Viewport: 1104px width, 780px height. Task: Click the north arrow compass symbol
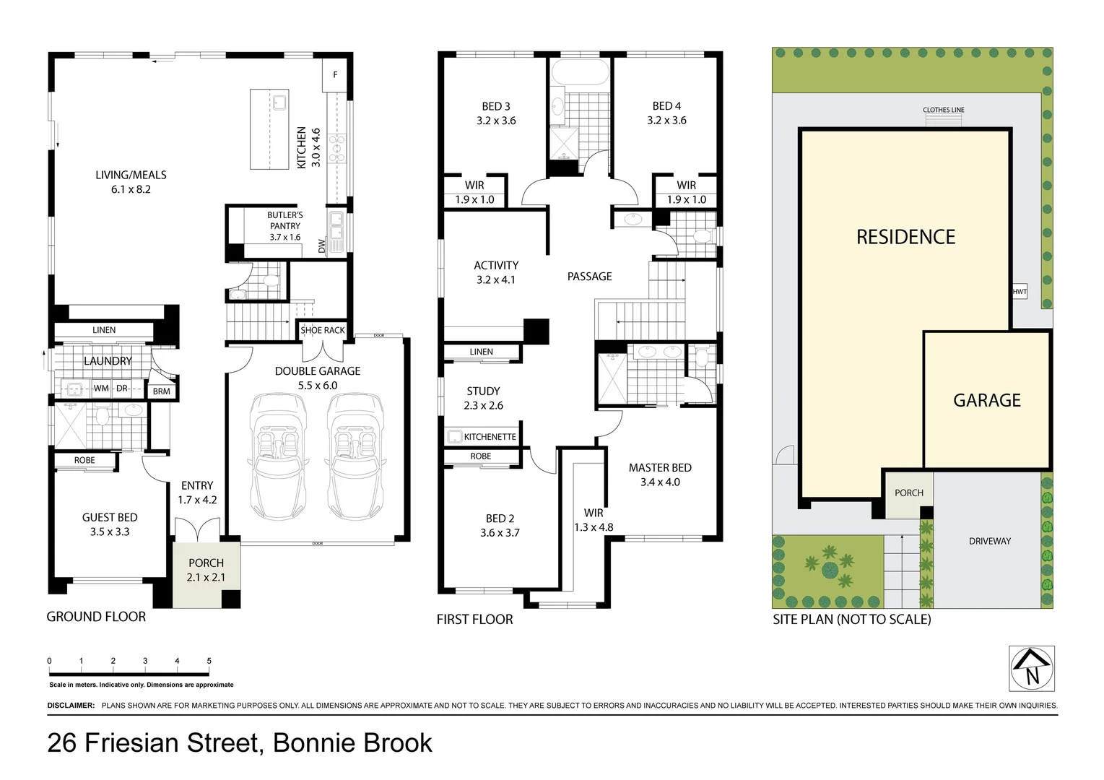1031,669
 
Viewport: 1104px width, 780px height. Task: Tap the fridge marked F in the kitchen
335,75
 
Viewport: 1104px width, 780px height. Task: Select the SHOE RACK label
323,331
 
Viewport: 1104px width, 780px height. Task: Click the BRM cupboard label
162,391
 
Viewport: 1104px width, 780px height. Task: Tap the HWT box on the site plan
1019,292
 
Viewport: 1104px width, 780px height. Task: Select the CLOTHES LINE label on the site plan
943,110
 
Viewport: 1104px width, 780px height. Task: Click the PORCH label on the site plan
908,493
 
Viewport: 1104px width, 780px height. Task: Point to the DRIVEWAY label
989,541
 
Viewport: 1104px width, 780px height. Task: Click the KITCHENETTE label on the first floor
490,437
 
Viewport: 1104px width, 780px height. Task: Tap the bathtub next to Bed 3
580,74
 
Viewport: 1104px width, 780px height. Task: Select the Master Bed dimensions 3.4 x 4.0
660,482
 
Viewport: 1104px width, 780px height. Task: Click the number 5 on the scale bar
209,661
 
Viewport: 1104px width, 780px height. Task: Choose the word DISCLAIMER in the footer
71,706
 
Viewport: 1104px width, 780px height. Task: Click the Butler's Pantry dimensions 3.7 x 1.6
285,237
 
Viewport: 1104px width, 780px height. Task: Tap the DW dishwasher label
322,246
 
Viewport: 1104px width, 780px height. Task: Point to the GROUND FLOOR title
96,617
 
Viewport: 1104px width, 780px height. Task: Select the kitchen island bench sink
279,101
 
